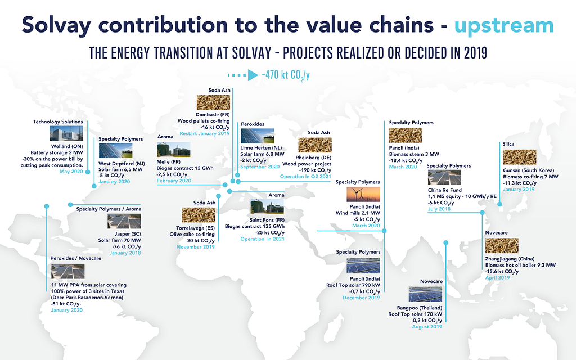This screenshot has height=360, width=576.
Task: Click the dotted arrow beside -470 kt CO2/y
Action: point(243,75)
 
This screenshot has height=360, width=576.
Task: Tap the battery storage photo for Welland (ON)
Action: point(66,134)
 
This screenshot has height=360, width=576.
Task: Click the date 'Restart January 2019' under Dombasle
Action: point(205,133)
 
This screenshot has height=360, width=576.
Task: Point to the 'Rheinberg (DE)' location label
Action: point(313,157)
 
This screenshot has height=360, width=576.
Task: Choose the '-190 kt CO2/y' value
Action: point(315,170)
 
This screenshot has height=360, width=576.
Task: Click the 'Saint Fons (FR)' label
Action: point(267,220)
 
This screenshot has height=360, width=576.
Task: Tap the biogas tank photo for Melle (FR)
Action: point(173,150)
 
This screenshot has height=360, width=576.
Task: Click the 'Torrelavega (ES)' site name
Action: point(195,228)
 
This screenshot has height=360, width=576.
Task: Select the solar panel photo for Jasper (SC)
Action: point(124,222)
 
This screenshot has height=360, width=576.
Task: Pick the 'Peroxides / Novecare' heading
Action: point(76,258)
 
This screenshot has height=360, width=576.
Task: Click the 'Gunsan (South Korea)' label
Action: point(529,170)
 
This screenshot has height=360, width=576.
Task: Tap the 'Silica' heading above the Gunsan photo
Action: point(508,144)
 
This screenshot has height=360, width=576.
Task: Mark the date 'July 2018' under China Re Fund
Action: point(439,209)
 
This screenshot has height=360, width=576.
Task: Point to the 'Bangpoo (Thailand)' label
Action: point(420,308)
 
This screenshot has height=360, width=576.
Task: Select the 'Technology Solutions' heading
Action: point(58,121)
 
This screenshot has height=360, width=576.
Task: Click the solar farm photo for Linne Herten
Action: point(258,136)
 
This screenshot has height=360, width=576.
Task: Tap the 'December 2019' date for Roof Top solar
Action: point(362,298)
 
